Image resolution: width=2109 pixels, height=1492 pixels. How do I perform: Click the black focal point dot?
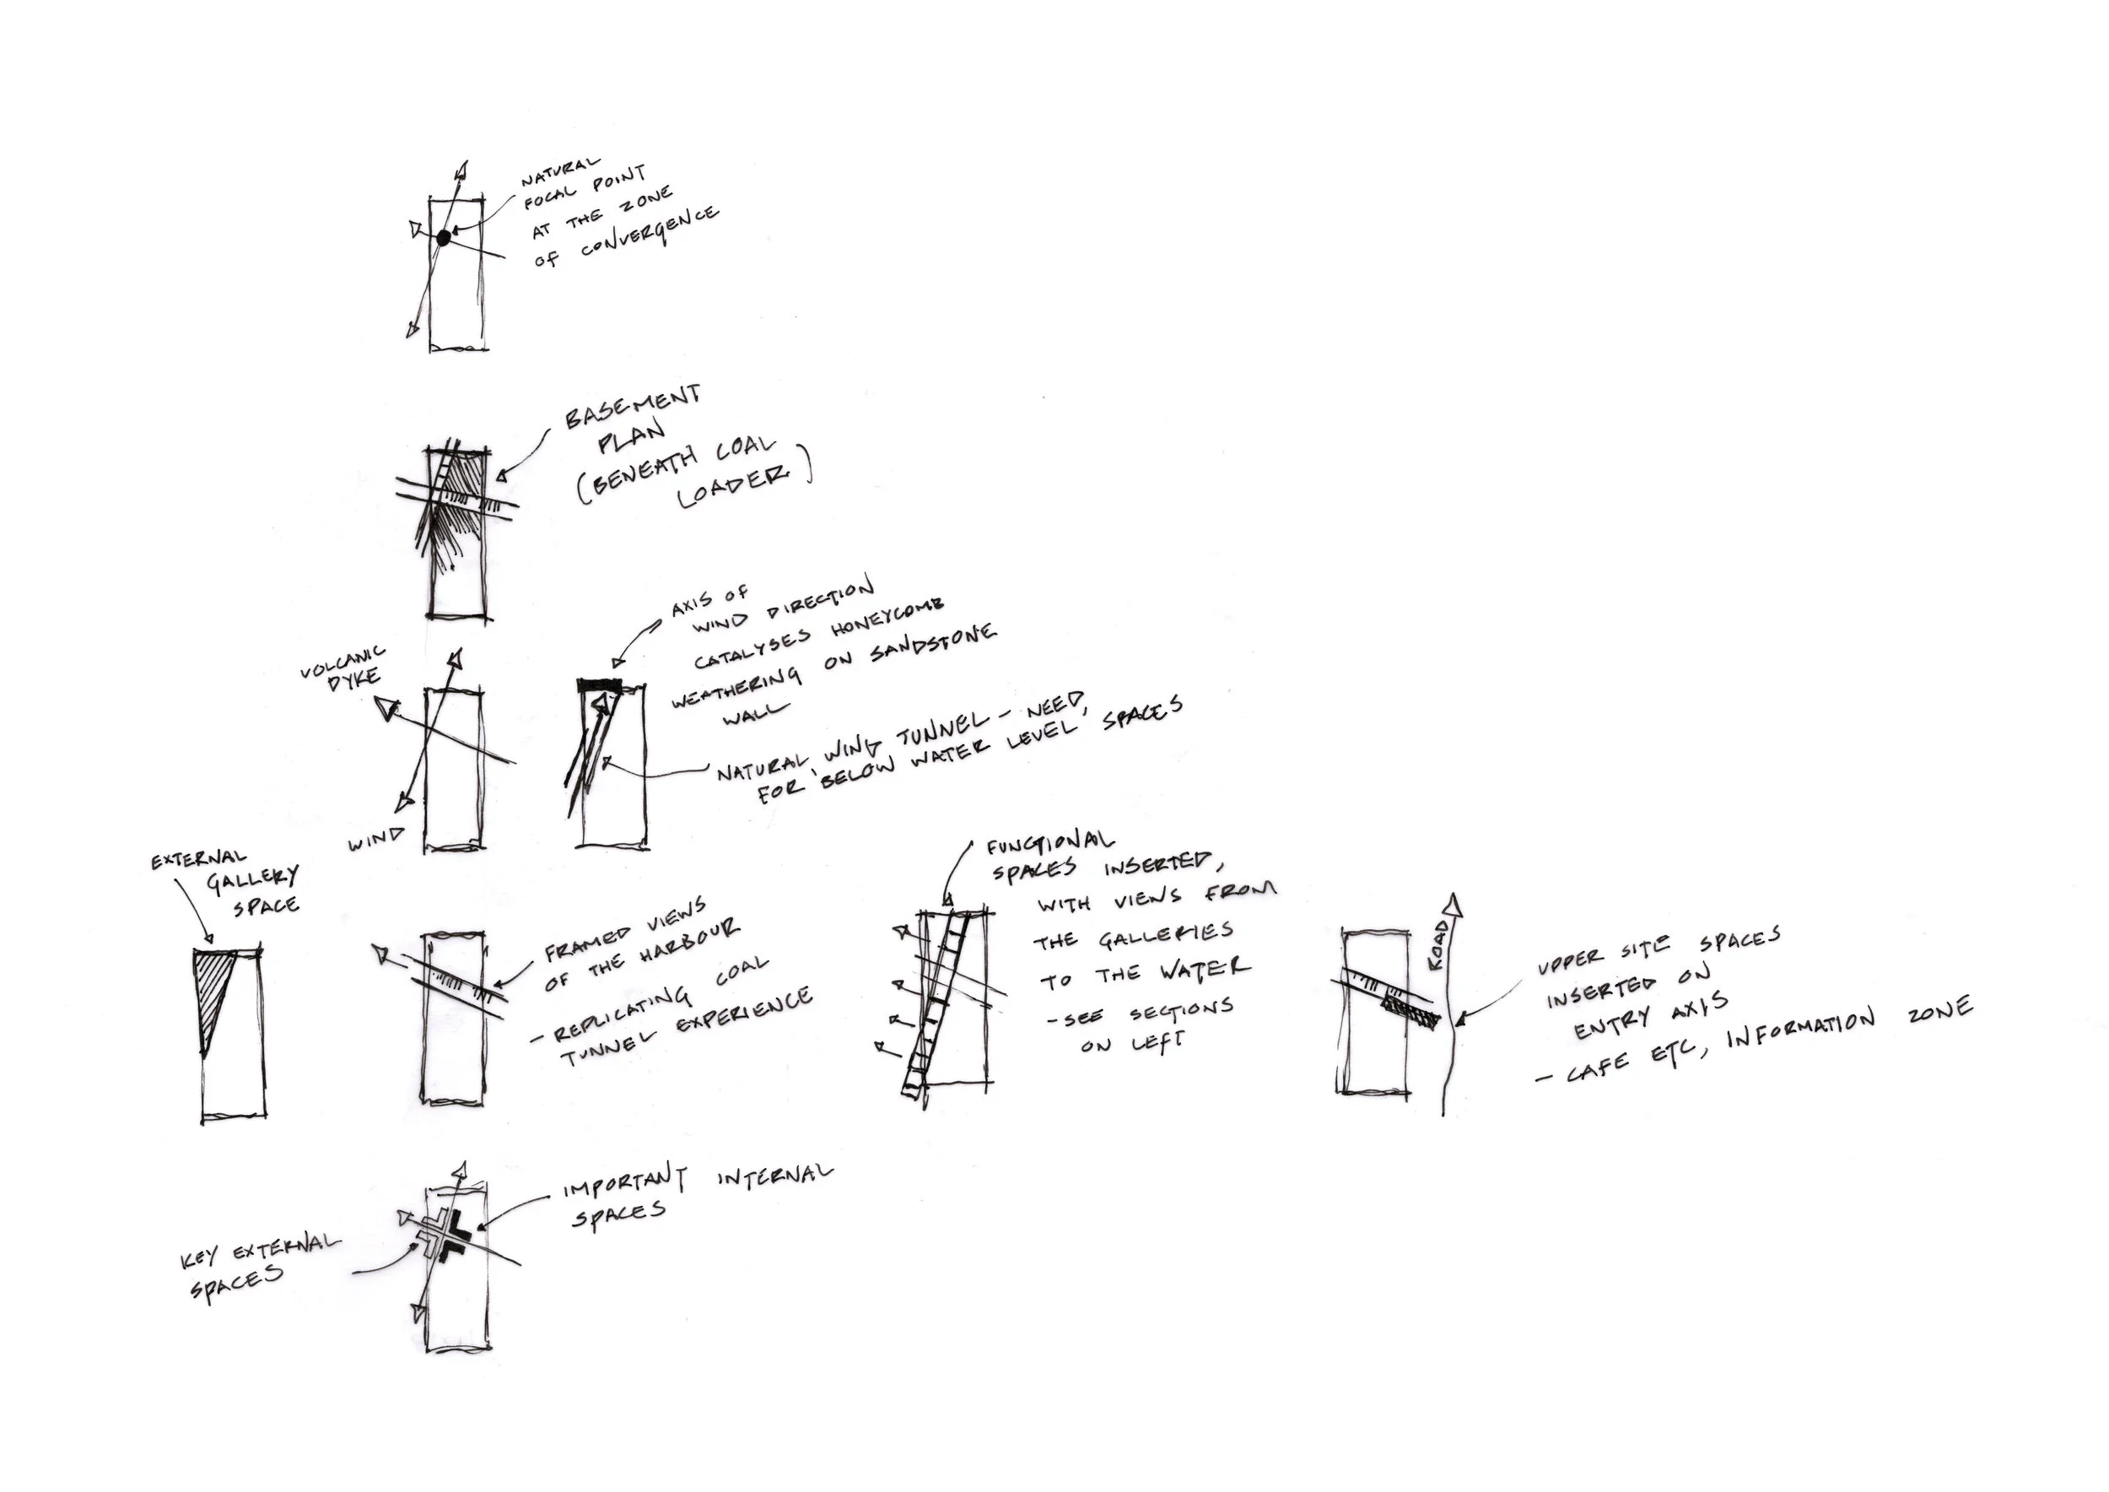[x=444, y=238]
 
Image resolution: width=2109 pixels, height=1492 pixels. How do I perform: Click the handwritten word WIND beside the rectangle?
[x=375, y=839]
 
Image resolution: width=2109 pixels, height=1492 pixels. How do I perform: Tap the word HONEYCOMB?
[x=887, y=619]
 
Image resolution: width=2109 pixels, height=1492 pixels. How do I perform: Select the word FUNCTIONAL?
[x=1050, y=841]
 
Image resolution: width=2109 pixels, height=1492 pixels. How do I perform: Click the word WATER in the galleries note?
[x=1203, y=970]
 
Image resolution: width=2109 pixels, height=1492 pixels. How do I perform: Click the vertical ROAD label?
[x=1438, y=946]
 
